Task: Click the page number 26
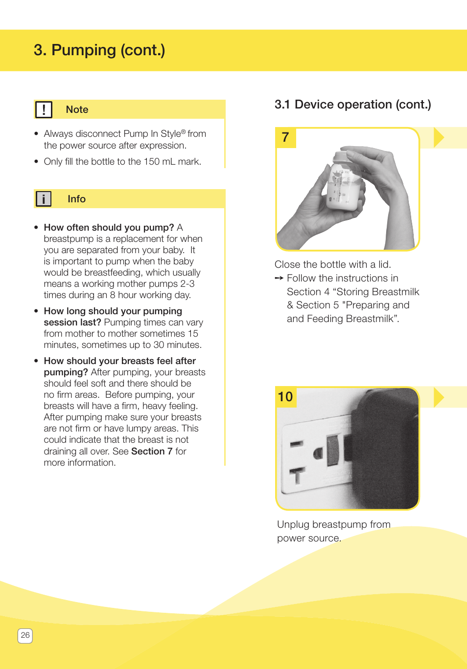tap(25, 635)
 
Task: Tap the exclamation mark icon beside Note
tap(44, 109)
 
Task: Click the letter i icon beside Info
tap(44, 199)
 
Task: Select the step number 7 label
tap(285, 137)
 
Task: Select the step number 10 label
tap(285, 396)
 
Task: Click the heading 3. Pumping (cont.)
tap(99, 50)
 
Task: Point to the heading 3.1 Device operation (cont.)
tap(352, 105)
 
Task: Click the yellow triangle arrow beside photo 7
tap(438, 137)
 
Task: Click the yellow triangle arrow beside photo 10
tap(438, 397)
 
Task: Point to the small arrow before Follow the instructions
tap(279, 278)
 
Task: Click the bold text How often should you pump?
tap(109, 227)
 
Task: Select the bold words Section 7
tap(152, 451)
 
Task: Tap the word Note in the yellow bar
tap(77, 109)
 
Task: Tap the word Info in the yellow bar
tap(76, 199)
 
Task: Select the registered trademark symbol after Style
tap(184, 131)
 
